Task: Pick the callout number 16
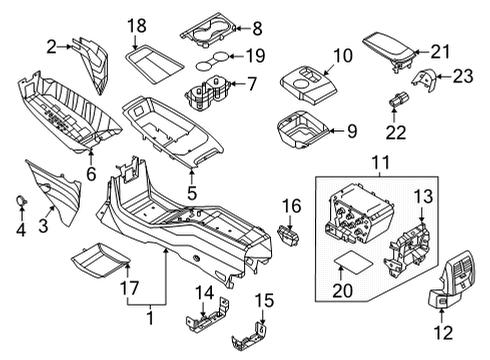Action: [290, 206]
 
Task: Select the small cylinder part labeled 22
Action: [395, 102]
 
